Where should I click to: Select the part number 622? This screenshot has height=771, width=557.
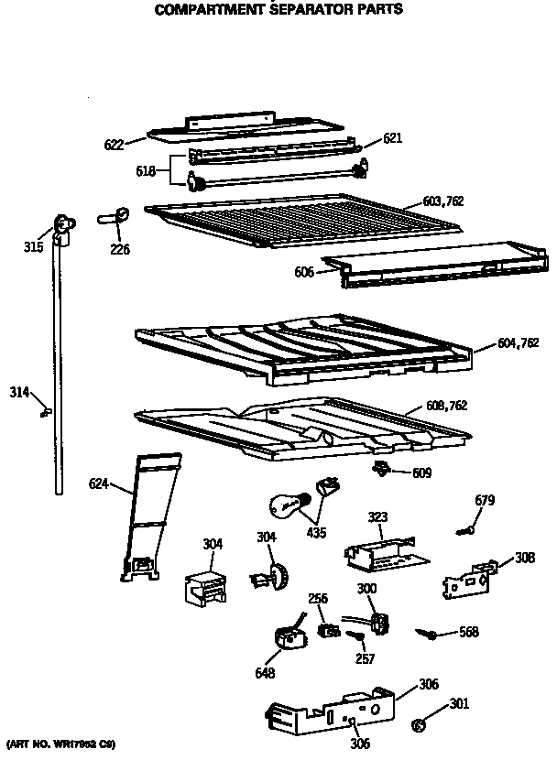point(114,143)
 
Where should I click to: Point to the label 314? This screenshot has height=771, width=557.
point(19,392)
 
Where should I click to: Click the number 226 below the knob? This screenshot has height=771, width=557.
point(120,248)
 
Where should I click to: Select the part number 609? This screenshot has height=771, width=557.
point(421,473)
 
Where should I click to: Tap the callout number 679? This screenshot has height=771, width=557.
point(485,500)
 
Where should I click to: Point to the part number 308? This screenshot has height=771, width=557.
point(525,558)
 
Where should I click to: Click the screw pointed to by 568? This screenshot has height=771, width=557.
point(427,633)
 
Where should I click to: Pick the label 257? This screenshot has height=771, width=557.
point(365,659)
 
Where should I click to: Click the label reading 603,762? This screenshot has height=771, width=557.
point(444,201)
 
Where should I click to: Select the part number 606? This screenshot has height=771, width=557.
point(303,272)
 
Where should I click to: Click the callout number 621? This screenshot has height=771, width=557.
point(393,138)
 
